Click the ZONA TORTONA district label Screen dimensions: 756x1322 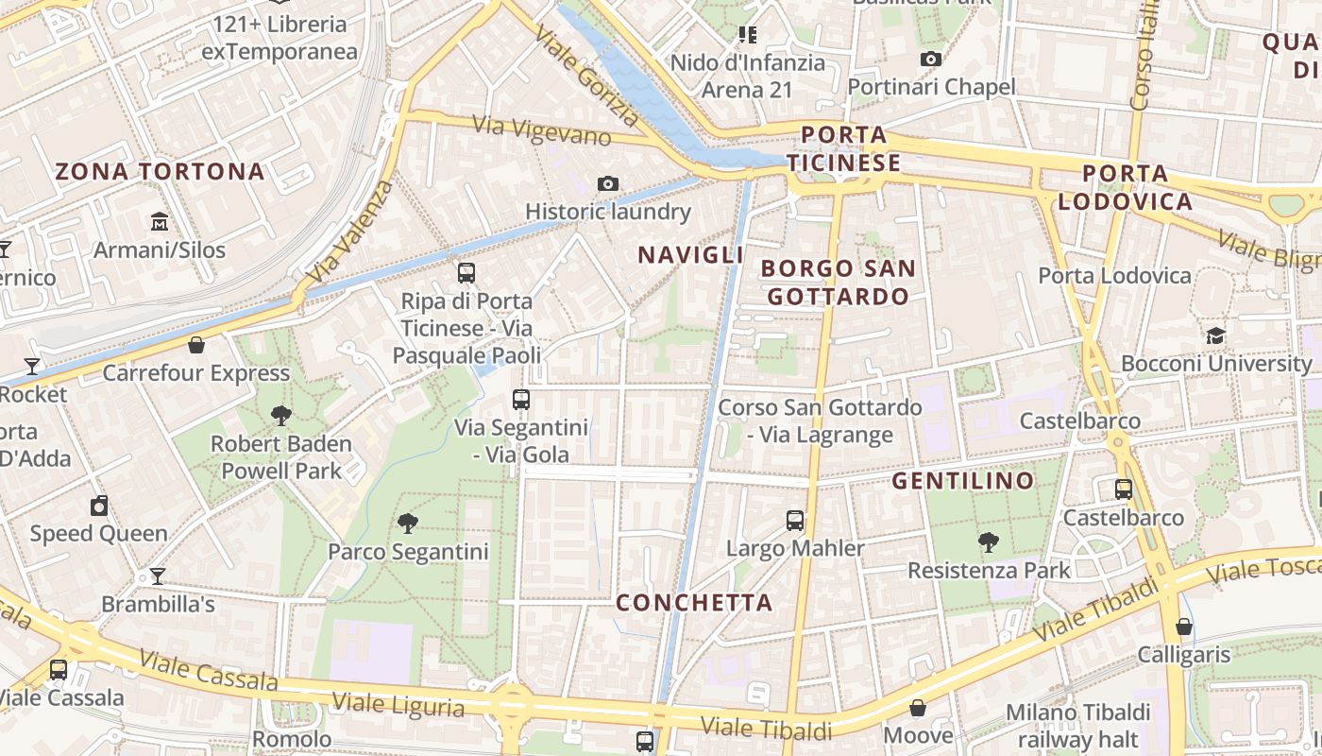pos(160,171)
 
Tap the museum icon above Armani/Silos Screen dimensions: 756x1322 pos(160,222)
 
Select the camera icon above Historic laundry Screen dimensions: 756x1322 pos(608,183)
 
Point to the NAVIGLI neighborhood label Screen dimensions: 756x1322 pos(690,254)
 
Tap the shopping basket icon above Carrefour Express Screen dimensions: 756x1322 pos(196,345)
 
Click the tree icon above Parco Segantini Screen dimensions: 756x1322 pos(408,523)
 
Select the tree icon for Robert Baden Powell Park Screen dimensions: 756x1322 pos(280,415)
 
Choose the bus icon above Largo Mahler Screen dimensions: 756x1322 pos(795,520)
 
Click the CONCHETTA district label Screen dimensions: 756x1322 pos(694,602)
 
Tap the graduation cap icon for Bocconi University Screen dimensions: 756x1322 pos(1215,335)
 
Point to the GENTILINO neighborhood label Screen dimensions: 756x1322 pos(963,480)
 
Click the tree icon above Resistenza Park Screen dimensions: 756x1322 pos(989,542)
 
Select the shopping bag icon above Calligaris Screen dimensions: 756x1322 pos(1184,627)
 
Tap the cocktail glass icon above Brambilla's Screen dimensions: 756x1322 pos(158,576)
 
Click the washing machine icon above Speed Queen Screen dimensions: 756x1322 pos(99,506)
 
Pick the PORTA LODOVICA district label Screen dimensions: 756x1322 pos(1125,187)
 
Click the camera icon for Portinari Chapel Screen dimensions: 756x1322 pos(931,59)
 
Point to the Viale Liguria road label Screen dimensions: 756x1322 pos(398,704)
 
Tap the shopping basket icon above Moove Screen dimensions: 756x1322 pos(918,708)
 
